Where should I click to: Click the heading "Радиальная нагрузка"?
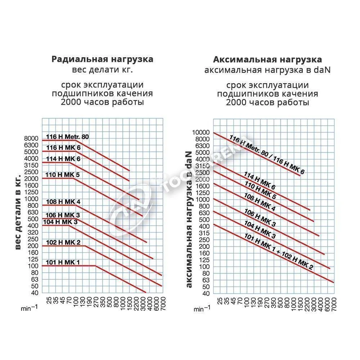coord(102,59)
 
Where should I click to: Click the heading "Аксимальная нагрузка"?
coord(267,59)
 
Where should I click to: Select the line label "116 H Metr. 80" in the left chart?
coord(67,137)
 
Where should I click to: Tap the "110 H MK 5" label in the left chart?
coord(62,175)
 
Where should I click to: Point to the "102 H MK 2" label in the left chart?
coord(63,242)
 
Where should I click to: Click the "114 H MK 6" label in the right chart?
coord(260,181)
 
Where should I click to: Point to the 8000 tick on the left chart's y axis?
coord(31,138)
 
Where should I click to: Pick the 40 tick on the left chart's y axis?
coord(35,293)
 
